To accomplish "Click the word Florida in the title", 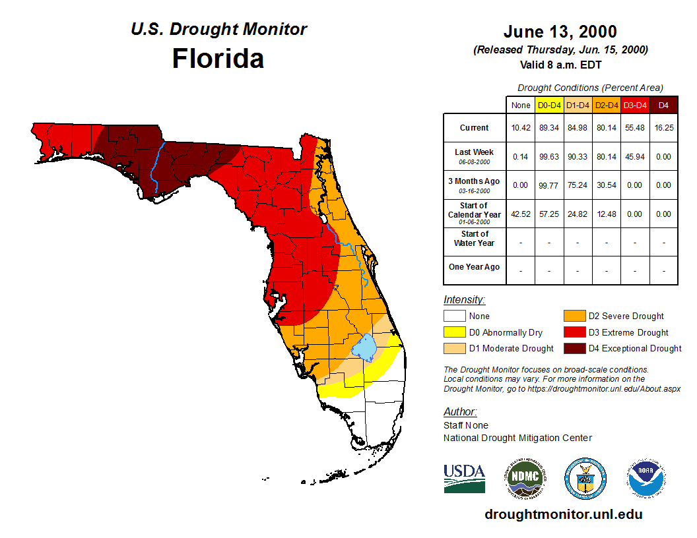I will pyautogui.click(x=218, y=58).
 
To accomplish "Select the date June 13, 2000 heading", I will pyautogui.click(x=560, y=32).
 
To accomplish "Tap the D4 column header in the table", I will pyautogui.click(x=663, y=105).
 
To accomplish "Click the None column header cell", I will pyautogui.click(x=520, y=105).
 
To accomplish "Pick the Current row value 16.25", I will pyautogui.click(x=663, y=128).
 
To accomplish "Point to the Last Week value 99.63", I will pyautogui.click(x=549, y=157).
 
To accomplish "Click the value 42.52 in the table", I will pyautogui.click(x=520, y=214).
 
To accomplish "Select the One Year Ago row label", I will pyautogui.click(x=474, y=267).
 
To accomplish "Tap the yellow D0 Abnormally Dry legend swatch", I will pyautogui.click(x=453, y=332).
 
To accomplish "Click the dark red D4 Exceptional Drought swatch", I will pyautogui.click(x=574, y=348).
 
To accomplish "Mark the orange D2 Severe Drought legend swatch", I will pyautogui.click(x=574, y=316).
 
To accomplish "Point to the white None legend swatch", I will pyautogui.click(x=453, y=316).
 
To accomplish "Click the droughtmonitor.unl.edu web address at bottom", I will pyautogui.click(x=563, y=514).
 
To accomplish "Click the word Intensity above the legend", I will pyautogui.click(x=464, y=299).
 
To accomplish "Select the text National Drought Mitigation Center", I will pyautogui.click(x=517, y=438).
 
